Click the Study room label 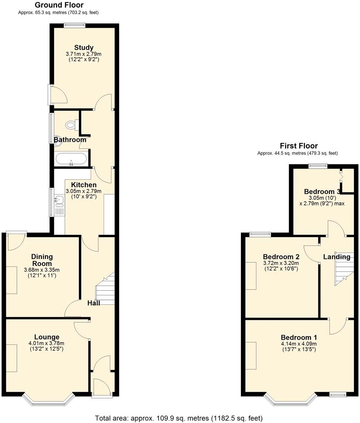pyautogui.click(x=84, y=48)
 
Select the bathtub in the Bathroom pyautogui.click(x=71, y=159)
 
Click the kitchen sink pyautogui.click(x=59, y=200)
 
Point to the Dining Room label pyautogui.click(x=42, y=260)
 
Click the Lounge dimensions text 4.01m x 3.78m pyautogui.click(x=47, y=343)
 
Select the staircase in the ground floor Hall pyautogui.click(x=105, y=287)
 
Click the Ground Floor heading pyautogui.click(x=59, y=5)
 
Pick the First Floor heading pyautogui.click(x=298, y=146)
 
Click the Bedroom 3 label pyautogui.click(x=322, y=192)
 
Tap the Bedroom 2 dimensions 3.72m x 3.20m pyautogui.click(x=281, y=263)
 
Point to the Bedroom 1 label pyautogui.click(x=299, y=338)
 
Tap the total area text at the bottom pyautogui.click(x=179, y=418)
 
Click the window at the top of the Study pyautogui.click(x=74, y=25)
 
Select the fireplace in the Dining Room pyautogui.click(x=11, y=280)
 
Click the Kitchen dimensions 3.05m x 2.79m pyautogui.click(x=83, y=191)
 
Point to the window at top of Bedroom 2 pyautogui.click(x=260, y=234)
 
